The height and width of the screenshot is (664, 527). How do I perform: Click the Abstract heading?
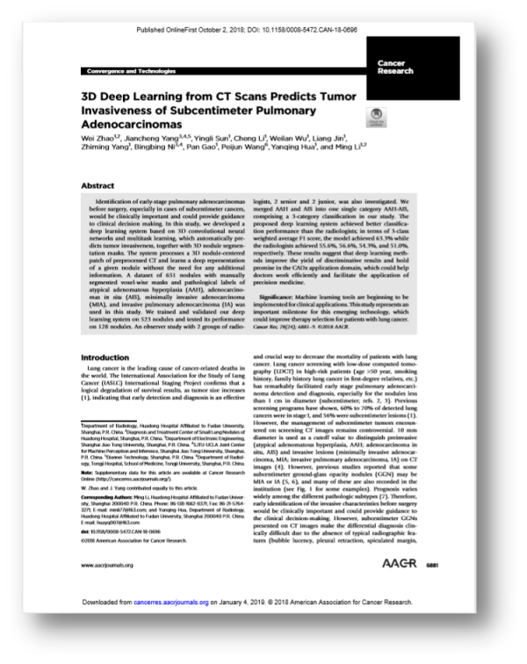coord(98,186)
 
